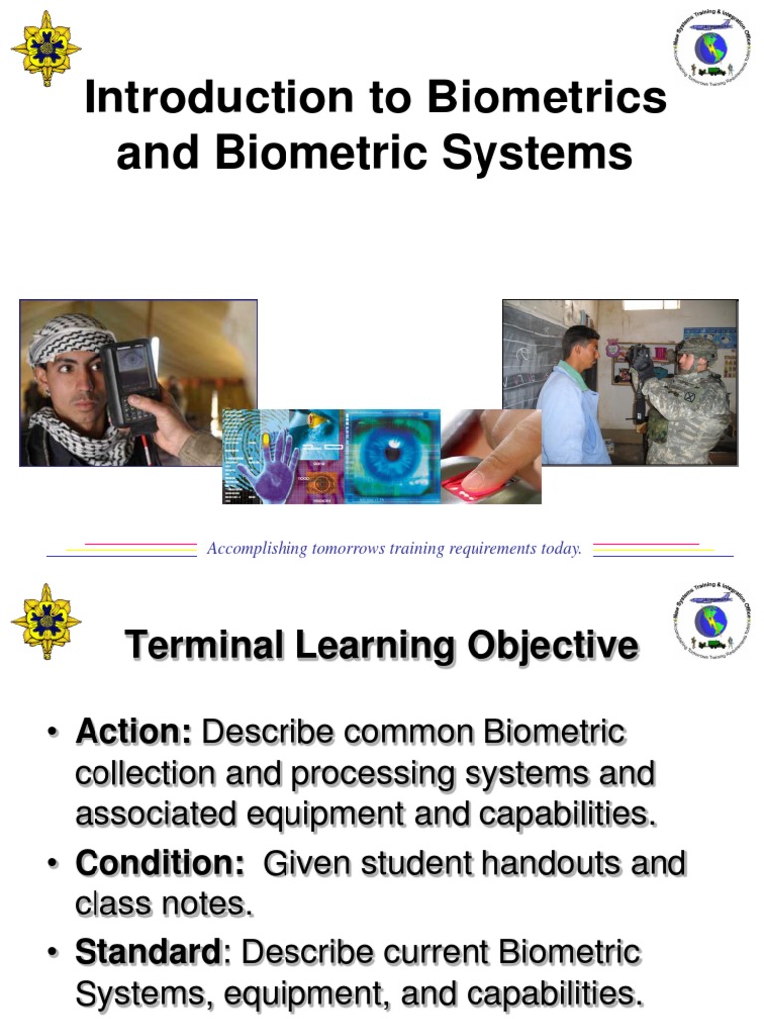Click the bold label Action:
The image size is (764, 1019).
point(133,733)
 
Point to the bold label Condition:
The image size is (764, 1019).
point(160,863)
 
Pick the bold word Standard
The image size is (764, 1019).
point(147,952)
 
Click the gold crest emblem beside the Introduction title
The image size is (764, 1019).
point(46,49)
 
